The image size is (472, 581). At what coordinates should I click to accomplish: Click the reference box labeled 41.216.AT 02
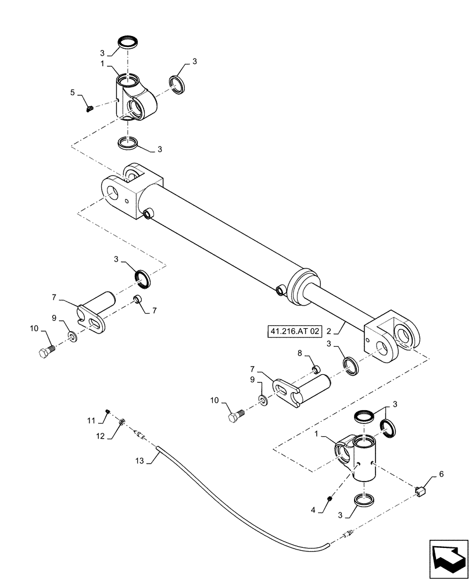pyautogui.click(x=295, y=332)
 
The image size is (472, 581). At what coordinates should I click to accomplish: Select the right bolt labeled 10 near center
pyautogui.click(x=235, y=416)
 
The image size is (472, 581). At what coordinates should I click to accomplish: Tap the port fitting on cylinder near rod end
pyautogui.click(x=281, y=289)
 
